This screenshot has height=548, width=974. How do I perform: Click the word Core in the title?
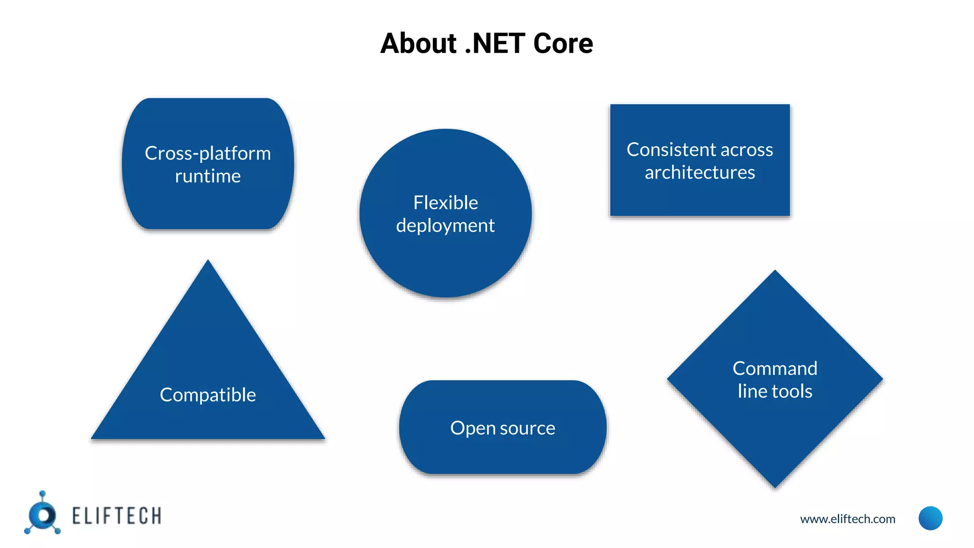pos(563,43)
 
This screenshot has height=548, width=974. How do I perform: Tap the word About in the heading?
pos(419,43)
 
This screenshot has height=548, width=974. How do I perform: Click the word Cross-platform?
pos(207,154)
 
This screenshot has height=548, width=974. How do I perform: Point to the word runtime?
pos(208,176)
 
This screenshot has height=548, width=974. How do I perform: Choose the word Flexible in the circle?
pos(446,203)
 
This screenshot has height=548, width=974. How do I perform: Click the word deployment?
pos(445,225)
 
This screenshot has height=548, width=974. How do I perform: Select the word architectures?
pos(700,172)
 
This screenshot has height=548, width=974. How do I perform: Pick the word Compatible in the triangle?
pos(208,395)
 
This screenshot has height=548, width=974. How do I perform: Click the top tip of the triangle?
pos(208,262)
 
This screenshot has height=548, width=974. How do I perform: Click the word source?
pos(528,428)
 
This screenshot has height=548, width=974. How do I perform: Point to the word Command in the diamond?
pos(775,369)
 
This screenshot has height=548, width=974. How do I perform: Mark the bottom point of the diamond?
pos(775,485)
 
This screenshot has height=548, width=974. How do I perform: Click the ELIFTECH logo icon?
pos(43,514)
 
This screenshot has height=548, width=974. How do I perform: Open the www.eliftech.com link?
pos(847,519)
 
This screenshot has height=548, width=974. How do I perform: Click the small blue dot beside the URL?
pos(930,518)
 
